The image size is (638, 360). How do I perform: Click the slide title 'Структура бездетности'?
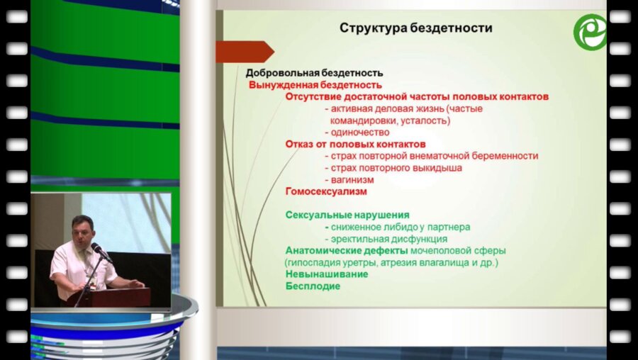point(415,29)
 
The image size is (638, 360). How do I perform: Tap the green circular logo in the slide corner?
point(589,32)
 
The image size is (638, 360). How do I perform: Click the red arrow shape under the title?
point(244,52)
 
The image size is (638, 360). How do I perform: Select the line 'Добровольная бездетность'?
point(314,72)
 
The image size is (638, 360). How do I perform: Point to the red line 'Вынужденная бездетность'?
point(315,84)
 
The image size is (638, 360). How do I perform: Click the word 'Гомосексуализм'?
point(326,191)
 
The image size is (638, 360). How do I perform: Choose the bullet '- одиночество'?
point(357,132)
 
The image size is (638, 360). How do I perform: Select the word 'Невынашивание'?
point(326,274)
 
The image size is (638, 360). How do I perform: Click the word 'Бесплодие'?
point(313,286)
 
